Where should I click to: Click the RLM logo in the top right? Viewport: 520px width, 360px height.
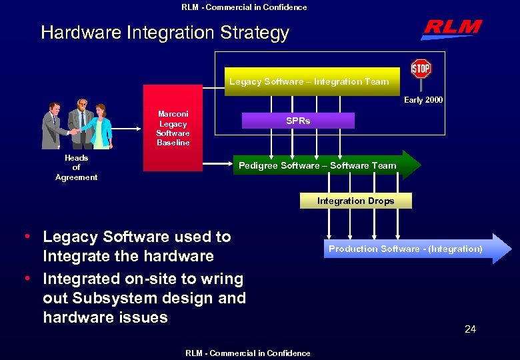(451, 29)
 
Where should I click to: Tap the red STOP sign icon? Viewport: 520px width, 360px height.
(421, 69)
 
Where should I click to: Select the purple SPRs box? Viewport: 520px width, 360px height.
(298, 121)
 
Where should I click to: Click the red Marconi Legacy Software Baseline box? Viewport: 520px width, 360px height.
(173, 128)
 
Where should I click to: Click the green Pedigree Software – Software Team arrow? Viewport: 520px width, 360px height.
(325, 165)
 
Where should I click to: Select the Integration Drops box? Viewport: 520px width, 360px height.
(355, 201)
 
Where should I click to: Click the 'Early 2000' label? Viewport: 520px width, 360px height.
(423, 100)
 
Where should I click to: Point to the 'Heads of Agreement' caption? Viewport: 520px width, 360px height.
(76, 168)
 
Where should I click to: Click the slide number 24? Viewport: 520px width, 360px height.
(470, 329)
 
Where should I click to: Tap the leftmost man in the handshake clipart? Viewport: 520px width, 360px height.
(53, 125)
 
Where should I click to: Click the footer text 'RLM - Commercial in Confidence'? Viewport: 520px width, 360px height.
(248, 353)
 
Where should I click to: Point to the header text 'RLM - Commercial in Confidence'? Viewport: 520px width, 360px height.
(244, 7)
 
